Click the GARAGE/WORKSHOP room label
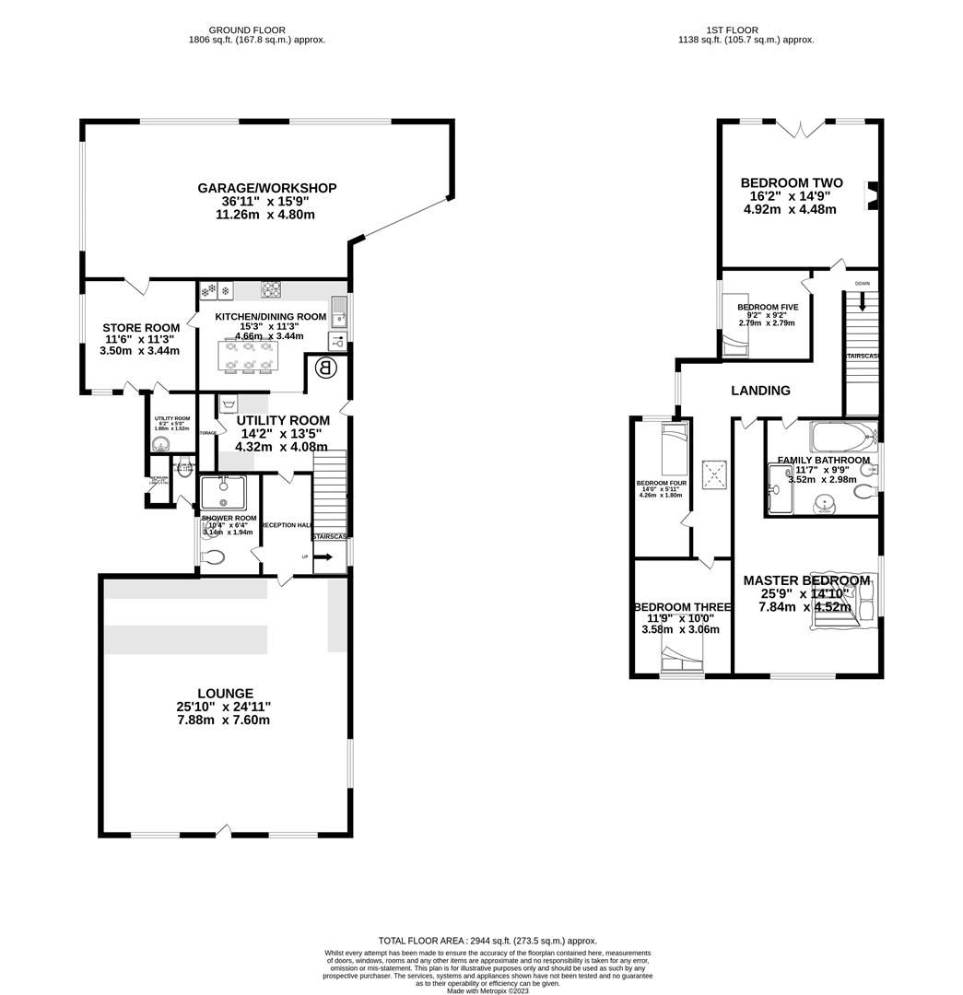tap(266, 188)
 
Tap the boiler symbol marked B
tap(325, 369)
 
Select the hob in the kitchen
tap(271, 289)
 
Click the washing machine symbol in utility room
tap(229, 404)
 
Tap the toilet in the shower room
tap(212, 556)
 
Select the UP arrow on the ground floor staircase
tap(323, 556)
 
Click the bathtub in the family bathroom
tap(841, 436)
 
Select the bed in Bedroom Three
tap(682, 660)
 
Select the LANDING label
tap(760, 391)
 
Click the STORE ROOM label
tap(141, 328)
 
